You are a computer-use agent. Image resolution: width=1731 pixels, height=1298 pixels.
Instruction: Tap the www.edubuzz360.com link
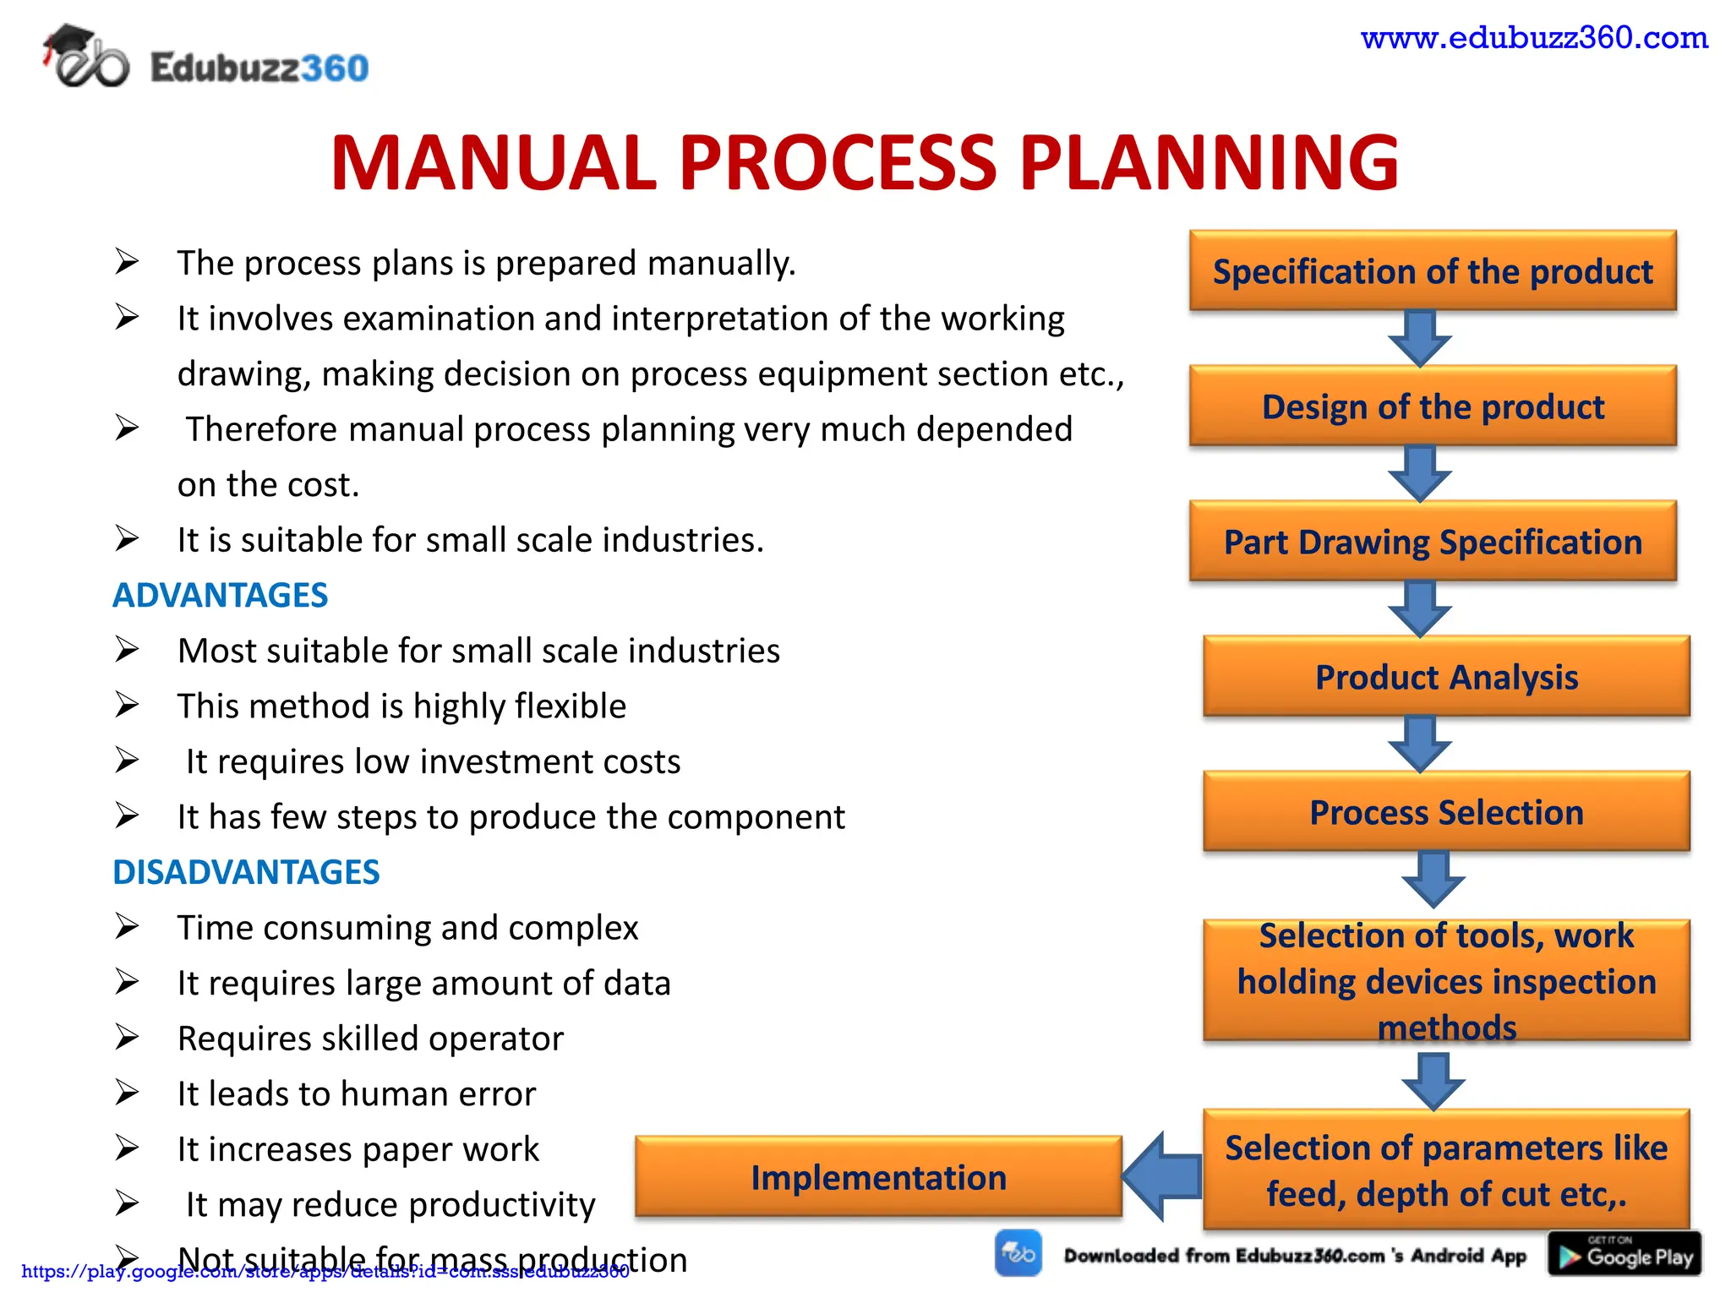tap(1534, 38)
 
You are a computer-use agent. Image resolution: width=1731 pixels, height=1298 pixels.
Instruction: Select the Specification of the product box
tap(1433, 271)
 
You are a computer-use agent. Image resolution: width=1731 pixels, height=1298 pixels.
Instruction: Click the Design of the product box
tap(1433, 406)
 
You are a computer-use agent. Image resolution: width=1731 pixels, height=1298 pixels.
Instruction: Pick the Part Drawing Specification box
tap(1433, 542)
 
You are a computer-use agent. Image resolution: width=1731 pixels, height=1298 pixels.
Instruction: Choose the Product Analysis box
tap(1446, 677)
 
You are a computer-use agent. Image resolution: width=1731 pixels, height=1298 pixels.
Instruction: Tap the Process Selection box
tap(1446, 812)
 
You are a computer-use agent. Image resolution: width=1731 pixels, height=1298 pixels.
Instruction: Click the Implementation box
tap(878, 1177)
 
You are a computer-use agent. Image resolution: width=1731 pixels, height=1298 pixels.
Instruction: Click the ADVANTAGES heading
tap(220, 596)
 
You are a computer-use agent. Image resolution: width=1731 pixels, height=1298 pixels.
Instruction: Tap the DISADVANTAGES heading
tap(246, 872)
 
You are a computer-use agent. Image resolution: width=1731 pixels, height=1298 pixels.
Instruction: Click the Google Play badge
tap(1624, 1255)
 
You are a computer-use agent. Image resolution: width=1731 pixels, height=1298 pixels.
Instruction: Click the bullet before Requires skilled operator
tap(127, 1037)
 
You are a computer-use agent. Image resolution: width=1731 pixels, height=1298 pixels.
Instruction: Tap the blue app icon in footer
tap(1018, 1253)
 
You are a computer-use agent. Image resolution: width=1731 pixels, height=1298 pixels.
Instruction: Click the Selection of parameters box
tap(1446, 1170)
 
